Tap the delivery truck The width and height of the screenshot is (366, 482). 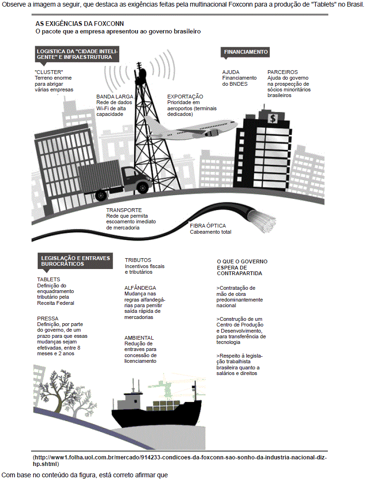114,180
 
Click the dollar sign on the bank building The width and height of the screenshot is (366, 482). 273,118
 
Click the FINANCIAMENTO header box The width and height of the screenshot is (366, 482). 245,52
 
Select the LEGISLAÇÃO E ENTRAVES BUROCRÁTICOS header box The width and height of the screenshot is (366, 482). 75,261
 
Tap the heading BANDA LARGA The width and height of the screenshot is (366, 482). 114,97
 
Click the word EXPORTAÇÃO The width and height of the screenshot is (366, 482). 185,97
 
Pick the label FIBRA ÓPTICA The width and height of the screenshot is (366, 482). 208,226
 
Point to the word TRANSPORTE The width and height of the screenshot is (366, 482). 124,210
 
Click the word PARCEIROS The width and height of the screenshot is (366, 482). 283,72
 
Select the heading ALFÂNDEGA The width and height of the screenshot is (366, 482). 140,288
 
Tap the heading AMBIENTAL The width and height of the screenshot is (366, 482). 139,338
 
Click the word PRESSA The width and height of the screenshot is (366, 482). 48,319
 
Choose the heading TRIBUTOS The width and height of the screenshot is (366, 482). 138,260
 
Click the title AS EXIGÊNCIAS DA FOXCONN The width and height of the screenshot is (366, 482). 80,24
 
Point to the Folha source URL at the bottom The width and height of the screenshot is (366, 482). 180,460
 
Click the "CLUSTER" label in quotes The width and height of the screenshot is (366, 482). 49,72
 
